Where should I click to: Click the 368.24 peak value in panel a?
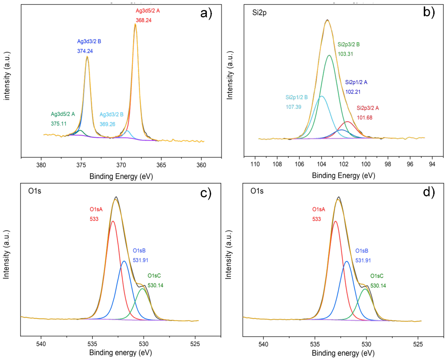coord(144,20)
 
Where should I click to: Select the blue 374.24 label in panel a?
coord(85,51)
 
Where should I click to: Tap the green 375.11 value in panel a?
coord(58,124)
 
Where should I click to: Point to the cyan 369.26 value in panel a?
coord(107,124)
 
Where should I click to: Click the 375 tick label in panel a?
coord(81,165)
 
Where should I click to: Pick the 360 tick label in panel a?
coord(201,165)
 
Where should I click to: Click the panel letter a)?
coord(206,14)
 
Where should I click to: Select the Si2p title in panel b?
coord(259,13)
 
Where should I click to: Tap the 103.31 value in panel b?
coord(345,54)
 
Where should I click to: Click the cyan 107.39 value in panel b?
coord(293,107)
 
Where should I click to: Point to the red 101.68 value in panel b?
coord(364,118)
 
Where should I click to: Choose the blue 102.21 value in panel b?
coord(353,92)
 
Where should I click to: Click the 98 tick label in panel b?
coord(388,164)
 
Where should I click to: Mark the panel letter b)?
coord(429,12)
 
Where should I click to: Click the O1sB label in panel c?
coord(139,251)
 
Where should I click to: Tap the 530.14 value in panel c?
coord(155,285)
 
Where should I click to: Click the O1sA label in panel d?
coord(319,210)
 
